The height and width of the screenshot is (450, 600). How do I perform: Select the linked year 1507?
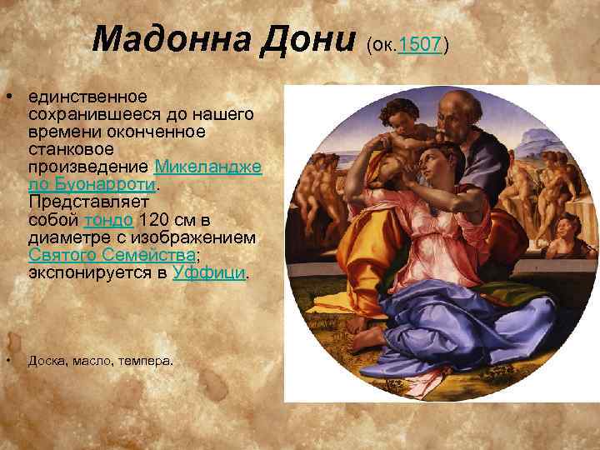[420, 43]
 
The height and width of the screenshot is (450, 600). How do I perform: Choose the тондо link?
[108, 220]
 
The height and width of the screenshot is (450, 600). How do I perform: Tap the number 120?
[157, 220]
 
